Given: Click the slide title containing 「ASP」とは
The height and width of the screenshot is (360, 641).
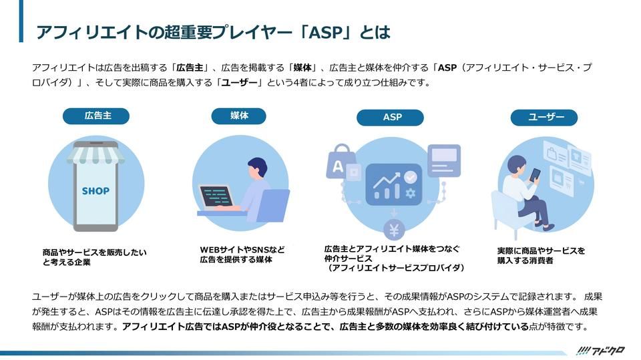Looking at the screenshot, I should [x=212, y=33].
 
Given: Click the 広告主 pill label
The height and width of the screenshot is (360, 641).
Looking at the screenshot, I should [x=96, y=116].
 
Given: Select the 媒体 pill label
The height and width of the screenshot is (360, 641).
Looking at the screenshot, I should [x=239, y=116].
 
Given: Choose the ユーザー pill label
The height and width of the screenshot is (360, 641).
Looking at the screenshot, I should [x=544, y=118].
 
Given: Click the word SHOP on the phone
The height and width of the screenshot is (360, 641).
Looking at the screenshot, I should [x=95, y=190].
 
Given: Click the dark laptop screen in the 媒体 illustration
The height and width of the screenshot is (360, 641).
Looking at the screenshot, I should [x=216, y=196].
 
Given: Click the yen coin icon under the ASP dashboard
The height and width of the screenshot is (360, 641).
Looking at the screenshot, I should [x=394, y=230].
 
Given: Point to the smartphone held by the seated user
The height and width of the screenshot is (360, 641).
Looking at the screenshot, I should [x=535, y=174].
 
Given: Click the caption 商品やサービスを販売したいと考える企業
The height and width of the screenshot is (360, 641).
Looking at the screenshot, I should [x=93, y=257].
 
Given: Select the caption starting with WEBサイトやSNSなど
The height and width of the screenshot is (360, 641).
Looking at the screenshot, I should [x=242, y=254].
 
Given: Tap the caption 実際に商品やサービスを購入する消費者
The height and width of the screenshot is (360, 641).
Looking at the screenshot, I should [x=540, y=255].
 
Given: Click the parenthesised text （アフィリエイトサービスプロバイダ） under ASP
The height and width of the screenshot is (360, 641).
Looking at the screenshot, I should [x=391, y=267].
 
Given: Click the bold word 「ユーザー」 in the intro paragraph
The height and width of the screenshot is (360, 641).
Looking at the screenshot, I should [x=239, y=83].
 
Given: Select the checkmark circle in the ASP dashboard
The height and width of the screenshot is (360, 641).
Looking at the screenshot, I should [x=411, y=176].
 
